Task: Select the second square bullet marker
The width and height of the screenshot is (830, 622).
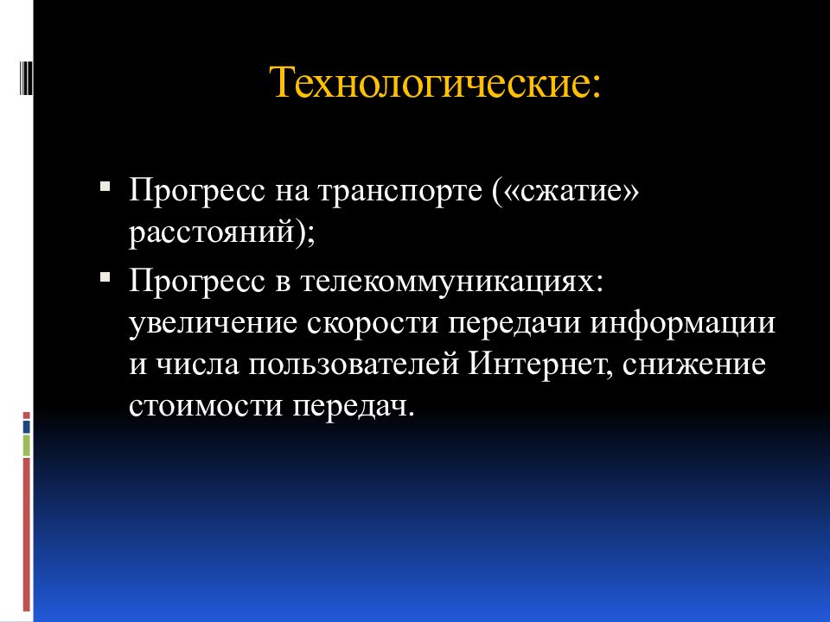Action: (x=105, y=278)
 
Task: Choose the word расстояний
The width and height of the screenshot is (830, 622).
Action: (x=213, y=235)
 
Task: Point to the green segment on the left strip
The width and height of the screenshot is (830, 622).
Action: (x=27, y=445)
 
